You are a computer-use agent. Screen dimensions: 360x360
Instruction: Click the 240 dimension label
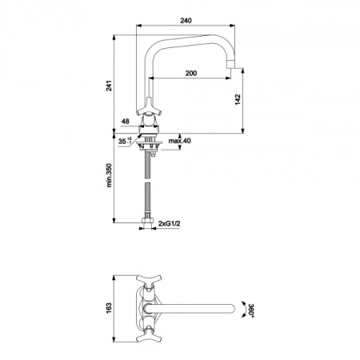tap(186, 20)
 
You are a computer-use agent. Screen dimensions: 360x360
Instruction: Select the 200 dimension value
tap(191, 73)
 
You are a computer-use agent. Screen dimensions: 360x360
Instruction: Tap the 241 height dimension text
tap(110, 86)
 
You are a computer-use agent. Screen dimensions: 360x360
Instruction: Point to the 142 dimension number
tap(238, 99)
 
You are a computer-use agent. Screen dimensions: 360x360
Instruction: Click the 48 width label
tap(125, 122)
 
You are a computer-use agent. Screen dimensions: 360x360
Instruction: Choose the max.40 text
tap(179, 141)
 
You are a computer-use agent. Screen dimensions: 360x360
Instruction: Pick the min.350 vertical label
tap(110, 175)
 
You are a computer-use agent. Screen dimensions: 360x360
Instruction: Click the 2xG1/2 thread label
tap(169, 223)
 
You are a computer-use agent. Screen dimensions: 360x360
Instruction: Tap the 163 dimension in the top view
tap(110, 308)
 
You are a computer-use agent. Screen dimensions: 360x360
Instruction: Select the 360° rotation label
tap(251, 310)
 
